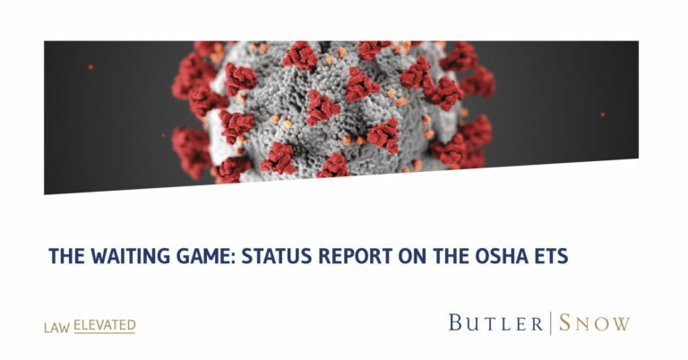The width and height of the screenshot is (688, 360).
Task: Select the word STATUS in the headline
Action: (x=277, y=256)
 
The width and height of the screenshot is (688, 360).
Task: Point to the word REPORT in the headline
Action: (x=356, y=256)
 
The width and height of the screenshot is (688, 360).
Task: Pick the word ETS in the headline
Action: (x=551, y=256)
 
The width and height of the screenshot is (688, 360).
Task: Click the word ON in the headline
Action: (x=412, y=256)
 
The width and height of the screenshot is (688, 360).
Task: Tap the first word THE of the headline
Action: (x=66, y=256)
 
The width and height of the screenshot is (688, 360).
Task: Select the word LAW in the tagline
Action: (x=56, y=328)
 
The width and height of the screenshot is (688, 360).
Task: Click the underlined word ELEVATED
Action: (x=105, y=325)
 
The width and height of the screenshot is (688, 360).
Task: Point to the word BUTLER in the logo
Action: (x=495, y=322)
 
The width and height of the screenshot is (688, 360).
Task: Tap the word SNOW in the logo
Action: (x=595, y=322)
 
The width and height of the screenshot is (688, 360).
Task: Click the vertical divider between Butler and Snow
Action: (x=551, y=322)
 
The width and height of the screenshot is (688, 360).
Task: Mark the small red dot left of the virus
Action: (x=90, y=67)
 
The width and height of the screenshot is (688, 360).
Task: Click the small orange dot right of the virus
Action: (x=602, y=115)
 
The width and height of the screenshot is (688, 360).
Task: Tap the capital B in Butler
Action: (x=455, y=322)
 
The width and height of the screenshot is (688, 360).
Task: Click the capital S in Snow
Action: (x=564, y=322)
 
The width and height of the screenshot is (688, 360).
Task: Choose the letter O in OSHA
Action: (x=482, y=256)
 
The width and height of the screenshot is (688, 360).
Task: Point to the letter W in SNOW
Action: (x=620, y=323)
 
